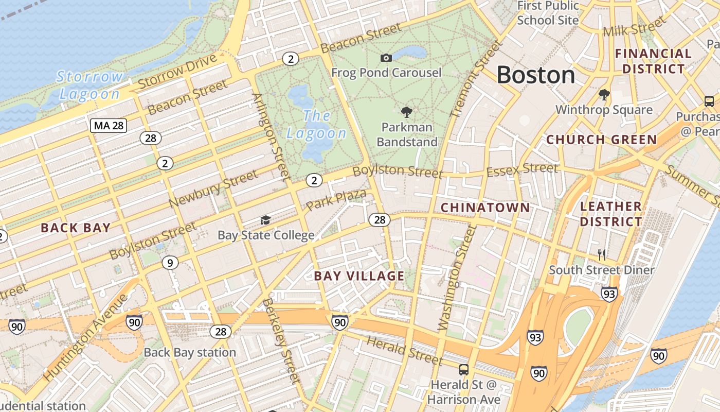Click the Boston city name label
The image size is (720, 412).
(x=535, y=75)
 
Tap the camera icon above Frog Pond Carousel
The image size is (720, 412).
(x=386, y=58)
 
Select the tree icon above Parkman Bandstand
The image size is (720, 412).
(x=407, y=112)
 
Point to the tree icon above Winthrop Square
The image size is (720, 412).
(x=604, y=95)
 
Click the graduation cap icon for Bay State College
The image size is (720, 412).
(x=265, y=220)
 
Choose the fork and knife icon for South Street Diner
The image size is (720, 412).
(x=602, y=254)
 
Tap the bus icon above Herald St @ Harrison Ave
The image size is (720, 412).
(x=464, y=369)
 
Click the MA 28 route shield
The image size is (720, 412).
(x=109, y=125)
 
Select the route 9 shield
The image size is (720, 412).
(x=170, y=263)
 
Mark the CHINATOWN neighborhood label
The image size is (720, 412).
(x=485, y=208)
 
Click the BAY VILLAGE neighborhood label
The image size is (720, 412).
(x=359, y=276)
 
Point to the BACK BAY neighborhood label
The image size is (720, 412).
(x=76, y=228)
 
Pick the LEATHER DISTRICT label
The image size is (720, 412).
(x=611, y=214)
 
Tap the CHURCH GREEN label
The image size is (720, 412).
(x=601, y=140)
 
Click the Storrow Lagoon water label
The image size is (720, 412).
(x=90, y=85)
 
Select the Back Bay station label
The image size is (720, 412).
(x=190, y=353)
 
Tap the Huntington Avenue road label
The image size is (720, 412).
(x=86, y=337)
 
